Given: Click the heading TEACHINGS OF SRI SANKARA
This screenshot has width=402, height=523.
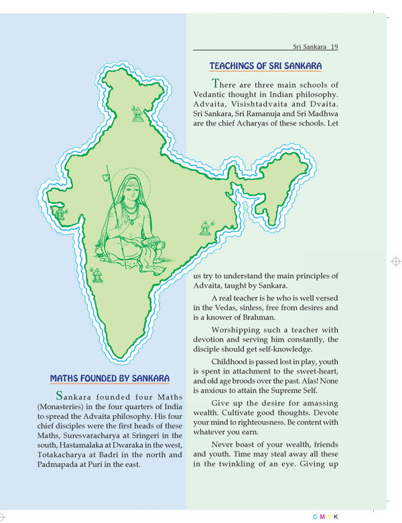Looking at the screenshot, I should coord(265,66).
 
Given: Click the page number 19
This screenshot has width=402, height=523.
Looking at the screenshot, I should coord(334,47).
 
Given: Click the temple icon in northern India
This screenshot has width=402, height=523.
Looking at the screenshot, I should coord(138,114).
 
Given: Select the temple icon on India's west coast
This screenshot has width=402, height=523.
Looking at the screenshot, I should coord(61,214).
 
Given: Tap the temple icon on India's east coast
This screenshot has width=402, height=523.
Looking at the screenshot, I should coord(206,229).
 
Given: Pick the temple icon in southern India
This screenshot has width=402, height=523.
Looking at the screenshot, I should coord(97,274).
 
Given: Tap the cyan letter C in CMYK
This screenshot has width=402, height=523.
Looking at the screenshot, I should coord(314,516).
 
